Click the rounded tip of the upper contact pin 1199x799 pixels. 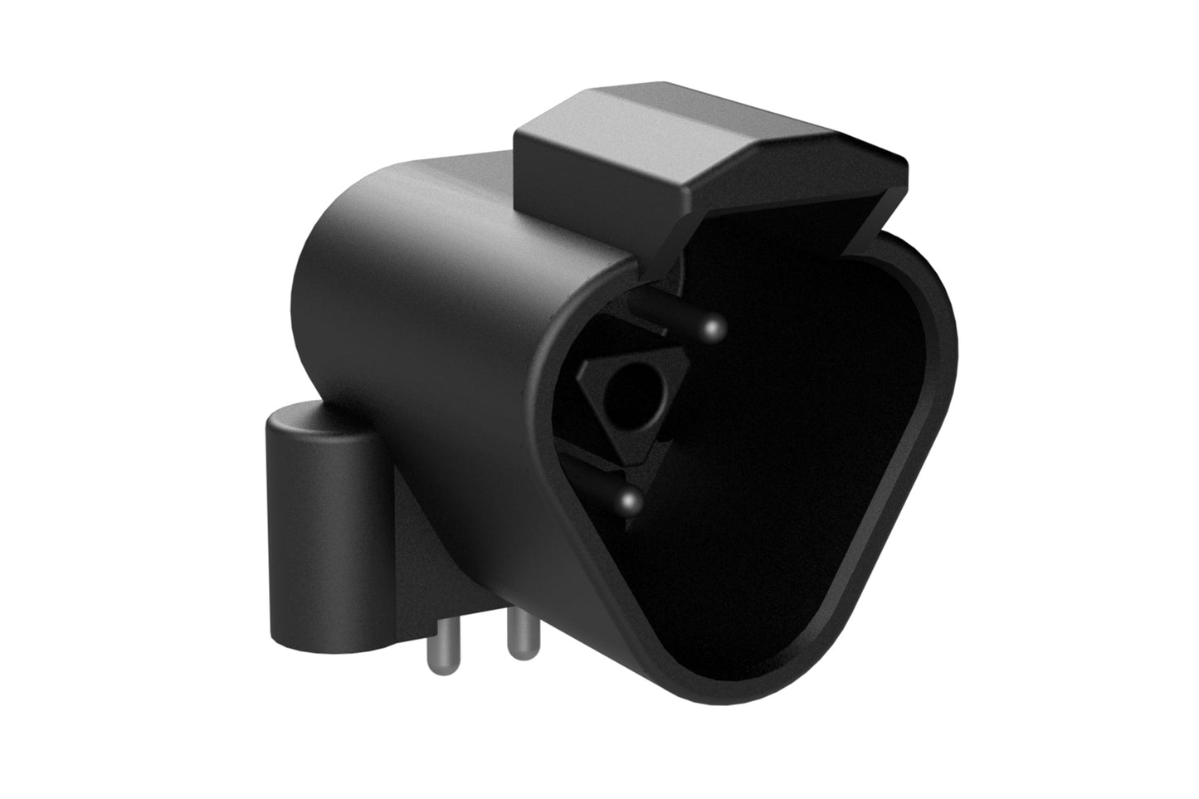tap(714, 324)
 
